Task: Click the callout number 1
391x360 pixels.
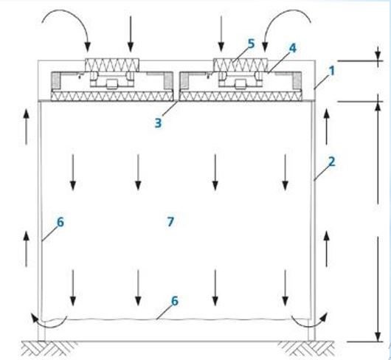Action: [x=332, y=71]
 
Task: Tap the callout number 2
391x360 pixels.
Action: [x=332, y=162]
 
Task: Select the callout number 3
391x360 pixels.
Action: [x=158, y=123]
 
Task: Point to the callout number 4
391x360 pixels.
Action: [x=292, y=48]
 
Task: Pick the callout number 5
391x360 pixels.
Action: [x=251, y=44]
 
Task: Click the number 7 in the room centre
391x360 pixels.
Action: [x=170, y=221]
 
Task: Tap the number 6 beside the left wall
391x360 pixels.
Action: [x=60, y=222]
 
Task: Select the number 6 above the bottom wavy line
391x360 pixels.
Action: [x=175, y=301]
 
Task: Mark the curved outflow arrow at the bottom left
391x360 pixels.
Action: [x=50, y=325]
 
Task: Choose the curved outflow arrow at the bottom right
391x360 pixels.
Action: [x=309, y=325]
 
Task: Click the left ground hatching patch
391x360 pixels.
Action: [x=49, y=348]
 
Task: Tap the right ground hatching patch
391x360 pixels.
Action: [x=306, y=348]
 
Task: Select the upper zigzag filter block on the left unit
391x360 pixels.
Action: [x=112, y=65]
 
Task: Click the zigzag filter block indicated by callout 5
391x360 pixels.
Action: [x=241, y=65]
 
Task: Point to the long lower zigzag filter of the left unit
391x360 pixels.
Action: [x=112, y=96]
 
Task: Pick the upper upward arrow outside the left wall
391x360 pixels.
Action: [x=26, y=127]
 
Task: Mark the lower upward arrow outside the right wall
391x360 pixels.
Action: [x=326, y=249]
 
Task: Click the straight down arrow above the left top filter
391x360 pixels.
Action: [x=131, y=34]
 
